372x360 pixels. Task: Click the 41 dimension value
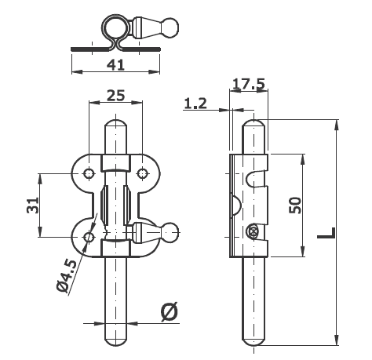click(115, 65)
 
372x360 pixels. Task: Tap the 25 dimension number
click(116, 96)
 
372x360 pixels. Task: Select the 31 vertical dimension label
click(33, 205)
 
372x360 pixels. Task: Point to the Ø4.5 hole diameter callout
click(67, 275)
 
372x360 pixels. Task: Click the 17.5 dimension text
click(249, 84)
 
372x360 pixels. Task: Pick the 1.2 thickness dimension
click(195, 104)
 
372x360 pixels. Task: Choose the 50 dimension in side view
click(295, 205)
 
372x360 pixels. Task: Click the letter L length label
click(326, 233)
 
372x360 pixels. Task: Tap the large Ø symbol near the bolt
click(170, 312)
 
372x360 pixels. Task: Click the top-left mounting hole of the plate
click(89, 173)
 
